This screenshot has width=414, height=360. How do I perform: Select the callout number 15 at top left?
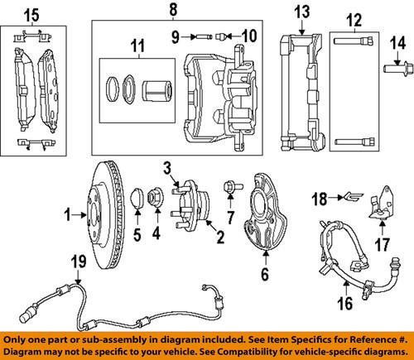coord(31,14)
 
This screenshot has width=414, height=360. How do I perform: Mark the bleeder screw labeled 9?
coord(204,36)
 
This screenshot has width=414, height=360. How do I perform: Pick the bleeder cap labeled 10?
coord(224,36)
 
